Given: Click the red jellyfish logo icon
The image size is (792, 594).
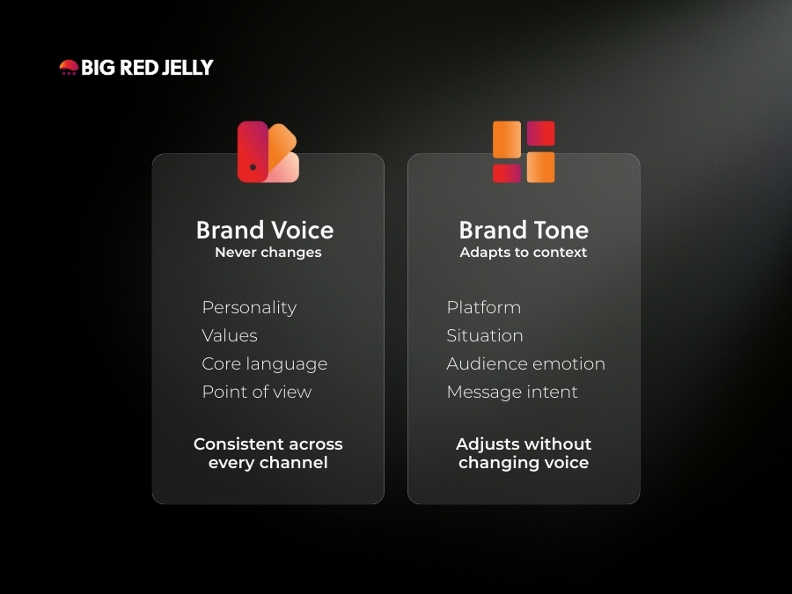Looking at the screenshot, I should coord(69,67).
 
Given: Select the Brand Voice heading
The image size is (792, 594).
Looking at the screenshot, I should coord(265,231).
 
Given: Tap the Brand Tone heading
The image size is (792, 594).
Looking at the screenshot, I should coord(524,231).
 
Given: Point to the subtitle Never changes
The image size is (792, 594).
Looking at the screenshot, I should coord(268,253).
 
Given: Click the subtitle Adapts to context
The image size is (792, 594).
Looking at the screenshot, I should coord(524,253).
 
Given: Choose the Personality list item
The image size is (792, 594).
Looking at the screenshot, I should coord(249,307).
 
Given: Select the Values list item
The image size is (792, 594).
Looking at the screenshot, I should coord(230,335).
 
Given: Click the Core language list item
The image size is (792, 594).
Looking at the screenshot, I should coord(265,363).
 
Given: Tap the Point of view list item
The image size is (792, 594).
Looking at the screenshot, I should coord(257,392).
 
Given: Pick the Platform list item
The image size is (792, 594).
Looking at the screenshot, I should coord(484,307).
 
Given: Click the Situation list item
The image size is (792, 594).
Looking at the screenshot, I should coord(485,335).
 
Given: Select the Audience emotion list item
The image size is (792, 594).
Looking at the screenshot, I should coord(526,363).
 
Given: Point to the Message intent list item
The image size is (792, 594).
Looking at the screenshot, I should coord(512,392).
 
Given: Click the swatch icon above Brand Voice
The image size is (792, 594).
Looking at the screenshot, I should coord(268,152).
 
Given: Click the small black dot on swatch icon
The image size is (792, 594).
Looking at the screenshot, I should coord(253,166).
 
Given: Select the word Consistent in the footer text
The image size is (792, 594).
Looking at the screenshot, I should coord(237,444).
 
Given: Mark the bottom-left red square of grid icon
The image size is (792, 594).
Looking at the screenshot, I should coord(507,172).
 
